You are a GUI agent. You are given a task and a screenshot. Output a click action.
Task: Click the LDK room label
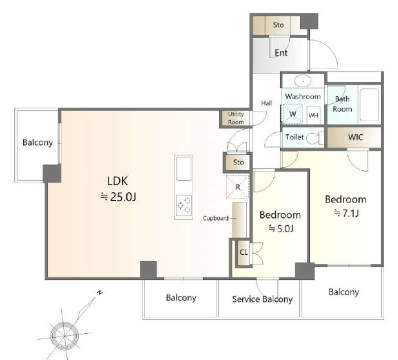[x=117, y=181]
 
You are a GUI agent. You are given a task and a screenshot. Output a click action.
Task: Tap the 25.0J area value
[x=118, y=197]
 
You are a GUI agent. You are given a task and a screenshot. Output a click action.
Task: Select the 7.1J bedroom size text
[x=346, y=213]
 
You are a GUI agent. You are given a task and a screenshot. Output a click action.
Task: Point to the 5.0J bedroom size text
[x=281, y=229]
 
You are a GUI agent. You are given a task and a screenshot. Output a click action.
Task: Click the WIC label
[x=355, y=137]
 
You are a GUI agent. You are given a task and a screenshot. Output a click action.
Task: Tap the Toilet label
[x=294, y=137]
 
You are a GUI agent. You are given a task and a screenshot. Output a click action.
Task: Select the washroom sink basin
[x=303, y=81]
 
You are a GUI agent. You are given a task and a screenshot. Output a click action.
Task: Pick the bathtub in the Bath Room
[x=370, y=105]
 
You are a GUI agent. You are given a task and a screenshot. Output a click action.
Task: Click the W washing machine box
[x=293, y=114]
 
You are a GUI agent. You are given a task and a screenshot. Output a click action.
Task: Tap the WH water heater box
[x=313, y=115]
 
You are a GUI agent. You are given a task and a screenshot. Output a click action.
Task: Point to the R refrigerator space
[x=237, y=187]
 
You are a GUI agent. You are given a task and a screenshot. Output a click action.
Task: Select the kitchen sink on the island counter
[x=184, y=168]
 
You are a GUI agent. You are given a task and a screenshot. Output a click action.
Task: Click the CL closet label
[x=244, y=252]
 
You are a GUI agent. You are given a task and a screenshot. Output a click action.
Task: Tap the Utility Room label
[x=236, y=118]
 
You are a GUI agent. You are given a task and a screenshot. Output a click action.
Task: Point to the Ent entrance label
[x=281, y=53]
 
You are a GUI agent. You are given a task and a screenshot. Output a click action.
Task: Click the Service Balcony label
[x=262, y=299]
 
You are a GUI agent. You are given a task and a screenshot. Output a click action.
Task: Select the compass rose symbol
[x=65, y=335]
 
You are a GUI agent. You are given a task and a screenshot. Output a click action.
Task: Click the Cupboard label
[x=216, y=218]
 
